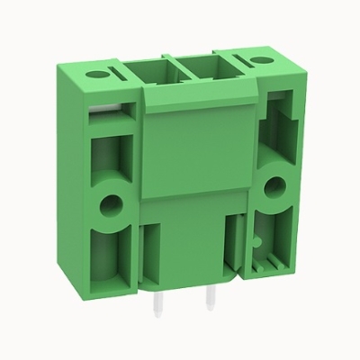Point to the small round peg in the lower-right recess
point(258,241)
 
